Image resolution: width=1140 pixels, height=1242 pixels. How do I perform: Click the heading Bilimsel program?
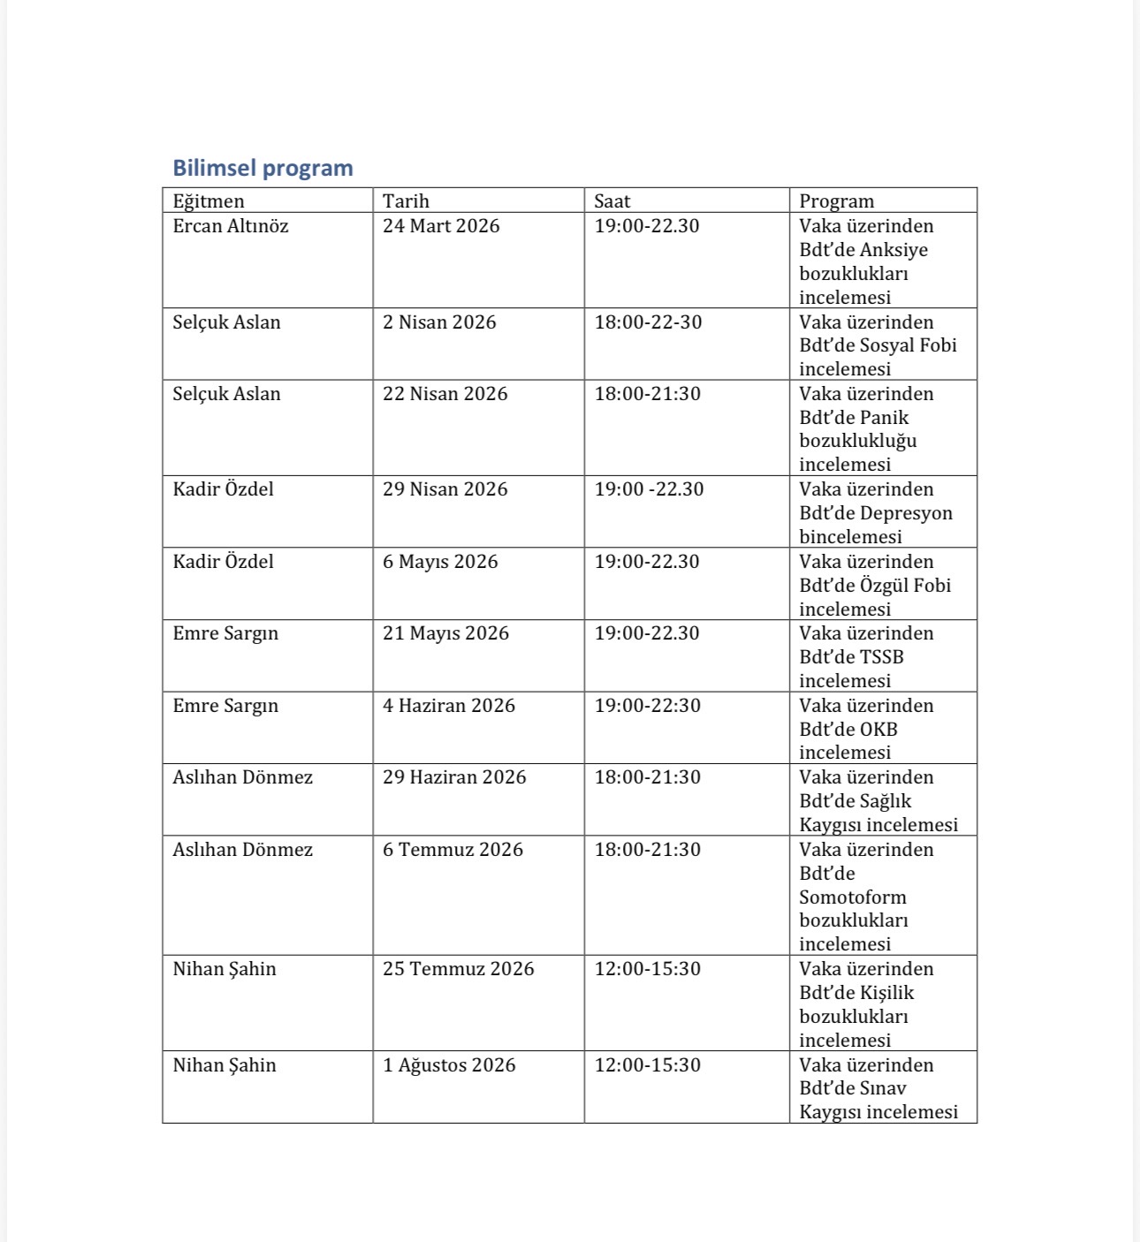click(x=262, y=168)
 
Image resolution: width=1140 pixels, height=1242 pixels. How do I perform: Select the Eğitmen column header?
click(x=209, y=201)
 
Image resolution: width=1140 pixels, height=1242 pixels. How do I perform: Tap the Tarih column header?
click(x=406, y=201)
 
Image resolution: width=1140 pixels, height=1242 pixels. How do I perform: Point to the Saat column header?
click(x=612, y=201)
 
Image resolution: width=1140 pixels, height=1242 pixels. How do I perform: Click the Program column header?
click(x=836, y=201)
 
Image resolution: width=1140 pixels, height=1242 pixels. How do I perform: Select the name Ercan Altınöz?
click(x=231, y=226)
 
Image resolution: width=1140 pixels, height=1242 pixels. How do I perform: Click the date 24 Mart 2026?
click(x=441, y=226)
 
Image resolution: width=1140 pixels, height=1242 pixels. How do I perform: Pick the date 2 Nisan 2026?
click(x=439, y=322)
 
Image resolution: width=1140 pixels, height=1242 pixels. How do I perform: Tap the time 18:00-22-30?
click(x=648, y=322)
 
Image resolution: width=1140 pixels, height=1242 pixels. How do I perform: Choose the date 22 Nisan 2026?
click(x=445, y=394)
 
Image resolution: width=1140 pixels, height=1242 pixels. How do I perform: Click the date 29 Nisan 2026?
click(x=445, y=489)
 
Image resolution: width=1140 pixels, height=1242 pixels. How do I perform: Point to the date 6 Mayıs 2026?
click(x=440, y=562)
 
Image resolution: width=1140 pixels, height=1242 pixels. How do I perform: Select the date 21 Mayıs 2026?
click(x=445, y=633)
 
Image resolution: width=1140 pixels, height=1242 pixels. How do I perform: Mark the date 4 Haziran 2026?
click(x=449, y=706)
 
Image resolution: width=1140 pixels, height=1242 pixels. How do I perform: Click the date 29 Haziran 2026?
click(x=454, y=777)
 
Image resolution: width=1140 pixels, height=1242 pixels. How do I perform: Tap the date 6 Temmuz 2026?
click(x=452, y=850)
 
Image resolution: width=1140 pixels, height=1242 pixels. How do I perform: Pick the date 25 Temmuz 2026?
click(x=459, y=969)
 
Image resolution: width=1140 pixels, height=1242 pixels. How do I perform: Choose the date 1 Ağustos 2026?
click(x=449, y=1065)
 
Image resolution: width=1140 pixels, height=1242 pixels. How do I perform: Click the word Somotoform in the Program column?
click(x=853, y=897)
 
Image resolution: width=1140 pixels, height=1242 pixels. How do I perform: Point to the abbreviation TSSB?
click(x=880, y=657)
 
